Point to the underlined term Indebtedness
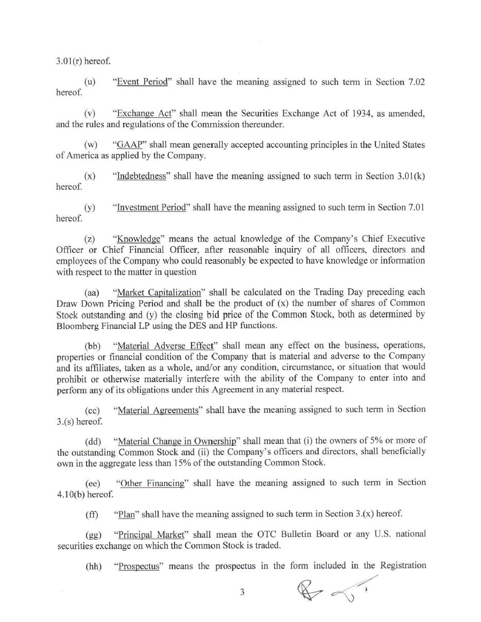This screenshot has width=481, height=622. [x=142, y=176]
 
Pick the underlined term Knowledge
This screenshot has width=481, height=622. [x=139, y=239]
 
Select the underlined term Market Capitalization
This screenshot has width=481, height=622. [x=159, y=292]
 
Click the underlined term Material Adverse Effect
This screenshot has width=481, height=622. [x=165, y=345]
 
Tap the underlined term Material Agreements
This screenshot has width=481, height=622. [x=158, y=410]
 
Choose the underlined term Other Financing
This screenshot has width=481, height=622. [x=151, y=483]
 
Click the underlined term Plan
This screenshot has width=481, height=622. [x=126, y=514]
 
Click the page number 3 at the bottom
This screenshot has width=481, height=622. [x=242, y=592]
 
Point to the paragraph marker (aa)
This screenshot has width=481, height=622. [x=92, y=292]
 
